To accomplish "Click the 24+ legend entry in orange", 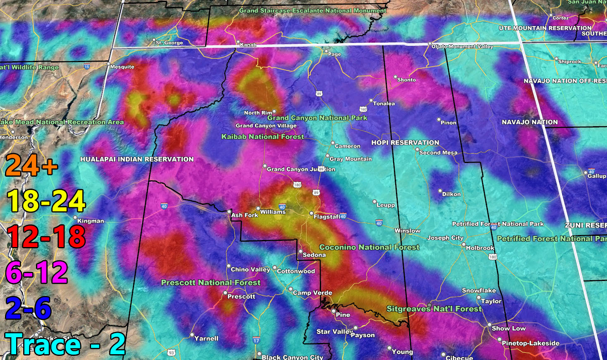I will [x=31, y=166].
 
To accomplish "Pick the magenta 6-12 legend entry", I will [x=36, y=272].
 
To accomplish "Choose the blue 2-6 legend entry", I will [x=28, y=308].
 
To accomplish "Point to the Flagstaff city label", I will [x=326, y=216].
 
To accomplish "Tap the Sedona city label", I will [x=314, y=255].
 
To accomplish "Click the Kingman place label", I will [x=90, y=221].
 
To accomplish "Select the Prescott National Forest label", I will [x=211, y=283].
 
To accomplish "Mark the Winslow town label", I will [x=407, y=231].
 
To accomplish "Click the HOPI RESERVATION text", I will [x=405, y=142].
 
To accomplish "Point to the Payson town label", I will [x=362, y=335].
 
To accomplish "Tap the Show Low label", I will [x=509, y=328].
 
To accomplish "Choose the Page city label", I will [x=334, y=54].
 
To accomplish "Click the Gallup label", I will [x=596, y=176].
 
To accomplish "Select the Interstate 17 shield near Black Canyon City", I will [x=256, y=340].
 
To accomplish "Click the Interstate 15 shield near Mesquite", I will [x=86, y=66].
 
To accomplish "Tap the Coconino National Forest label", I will [x=369, y=247].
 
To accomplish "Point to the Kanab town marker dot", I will [x=238, y=43].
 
